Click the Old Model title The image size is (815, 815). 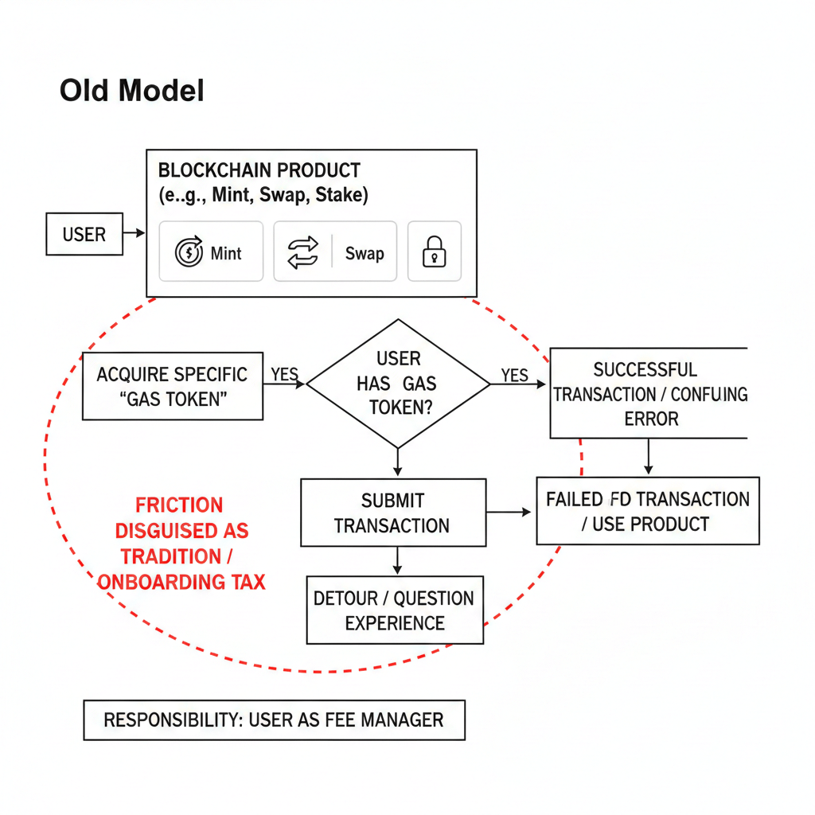click(x=132, y=91)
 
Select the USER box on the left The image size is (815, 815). click(x=84, y=234)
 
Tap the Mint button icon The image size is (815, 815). click(x=189, y=253)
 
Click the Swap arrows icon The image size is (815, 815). click(x=302, y=253)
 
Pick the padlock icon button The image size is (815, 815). click(x=434, y=252)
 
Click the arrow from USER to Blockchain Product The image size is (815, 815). click(x=135, y=233)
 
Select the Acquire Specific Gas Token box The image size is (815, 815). click(x=173, y=386)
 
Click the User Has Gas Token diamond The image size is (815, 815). click(x=398, y=384)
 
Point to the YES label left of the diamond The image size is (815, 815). click(x=285, y=373)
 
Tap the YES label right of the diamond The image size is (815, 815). click(x=515, y=374)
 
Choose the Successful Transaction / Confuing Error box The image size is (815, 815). click(x=649, y=393)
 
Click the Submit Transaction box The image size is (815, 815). click(x=393, y=513)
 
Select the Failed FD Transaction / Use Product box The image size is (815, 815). click(x=648, y=511)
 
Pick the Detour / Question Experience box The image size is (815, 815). click(x=395, y=610)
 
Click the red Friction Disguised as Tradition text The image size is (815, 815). click(x=181, y=543)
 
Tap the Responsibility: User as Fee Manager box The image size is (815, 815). click(x=274, y=719)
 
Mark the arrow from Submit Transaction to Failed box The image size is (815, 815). click(x=509, y=513)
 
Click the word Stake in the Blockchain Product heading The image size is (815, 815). click(x=341, y=195)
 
